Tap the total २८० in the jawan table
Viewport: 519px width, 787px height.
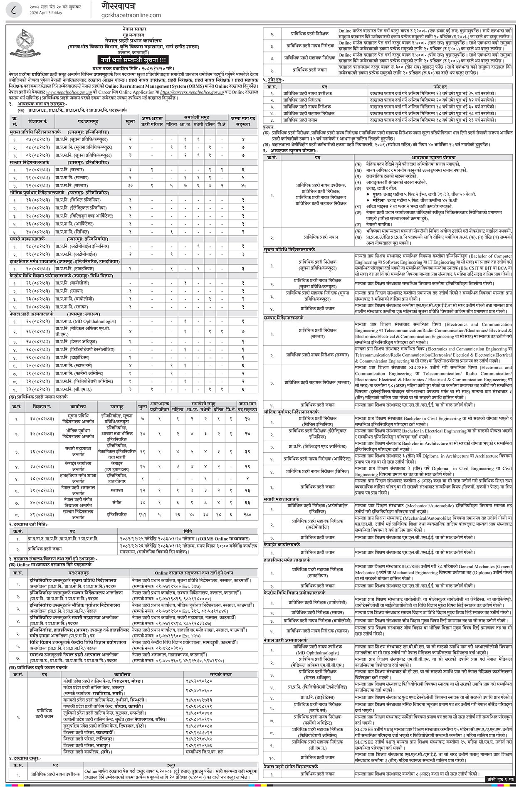[247, 514]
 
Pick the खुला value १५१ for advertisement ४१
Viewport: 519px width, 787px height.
[143, 514]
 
